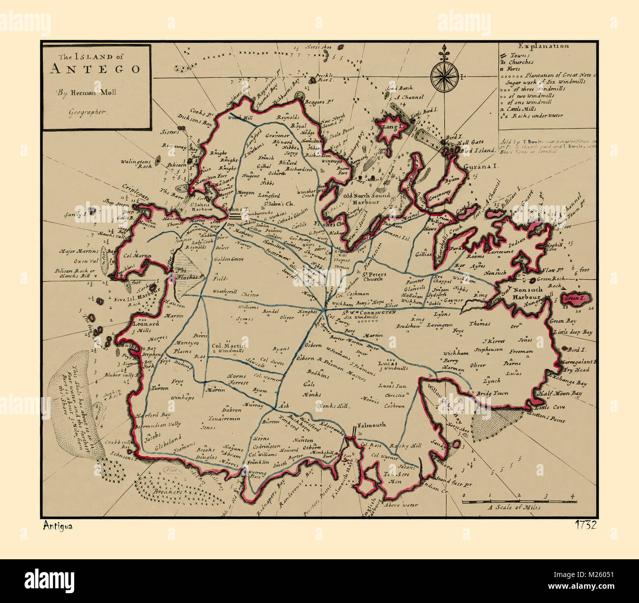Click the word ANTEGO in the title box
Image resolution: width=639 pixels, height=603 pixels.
click(x=94, y=69)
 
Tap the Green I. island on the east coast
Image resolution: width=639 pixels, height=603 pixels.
click(x=573, y=298)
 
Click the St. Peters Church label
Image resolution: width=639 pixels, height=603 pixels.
click(x=375, y=276)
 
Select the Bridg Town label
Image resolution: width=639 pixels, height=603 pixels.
click(x=491, y=394)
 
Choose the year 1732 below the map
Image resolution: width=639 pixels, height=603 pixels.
click(x=585, y=525)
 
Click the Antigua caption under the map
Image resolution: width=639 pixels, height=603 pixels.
click(x=58, y=526)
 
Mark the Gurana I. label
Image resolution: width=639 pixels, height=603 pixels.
click(x=481, y=167)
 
